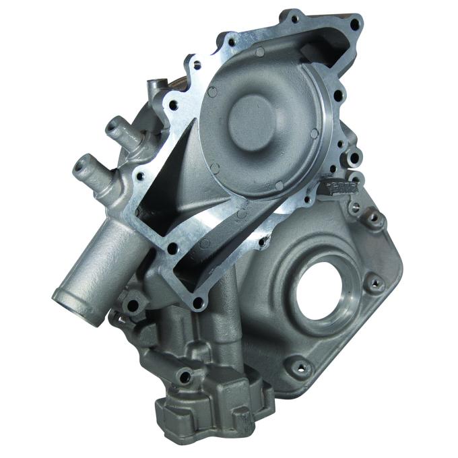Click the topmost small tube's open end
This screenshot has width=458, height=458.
[153, 84]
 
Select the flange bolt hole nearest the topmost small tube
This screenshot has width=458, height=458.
[174, 106]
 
